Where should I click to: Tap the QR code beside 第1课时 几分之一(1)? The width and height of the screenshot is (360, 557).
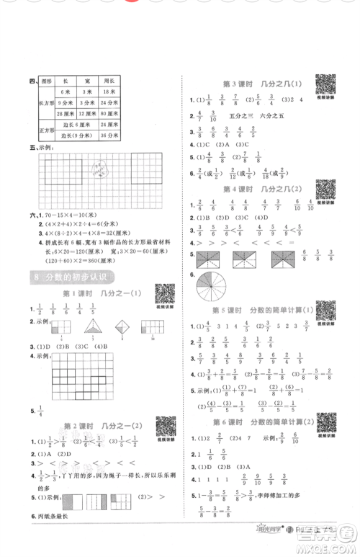(x=166, y=295)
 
